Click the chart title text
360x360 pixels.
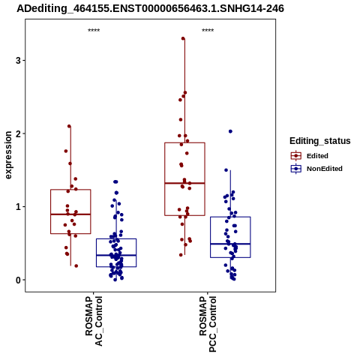click(150, 8)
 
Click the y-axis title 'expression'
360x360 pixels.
click(8, 155)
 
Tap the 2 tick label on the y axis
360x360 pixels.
click(18, 133)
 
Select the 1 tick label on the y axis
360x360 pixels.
click(18, 207)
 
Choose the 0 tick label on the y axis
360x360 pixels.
click(18, 280)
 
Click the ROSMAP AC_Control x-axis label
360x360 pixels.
click(94, 321)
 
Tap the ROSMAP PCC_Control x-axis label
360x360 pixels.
click(208, 324)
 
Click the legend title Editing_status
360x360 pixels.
click(320, 141)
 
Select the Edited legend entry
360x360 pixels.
click(310, 156)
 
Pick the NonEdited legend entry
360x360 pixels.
click(316, 169)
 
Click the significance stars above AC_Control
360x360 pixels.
click(94, 31)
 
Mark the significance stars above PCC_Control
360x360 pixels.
click(208, 31)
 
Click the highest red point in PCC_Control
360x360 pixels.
click(183, 38)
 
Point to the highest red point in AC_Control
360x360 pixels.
click(69, 126)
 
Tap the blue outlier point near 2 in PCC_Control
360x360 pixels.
click(230, 131)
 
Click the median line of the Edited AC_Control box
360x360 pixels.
click(70, 214)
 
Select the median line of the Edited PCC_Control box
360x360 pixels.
click(184, 183)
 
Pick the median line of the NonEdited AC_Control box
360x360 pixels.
click(116, 255)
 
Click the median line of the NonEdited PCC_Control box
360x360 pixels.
click(230, 244)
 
